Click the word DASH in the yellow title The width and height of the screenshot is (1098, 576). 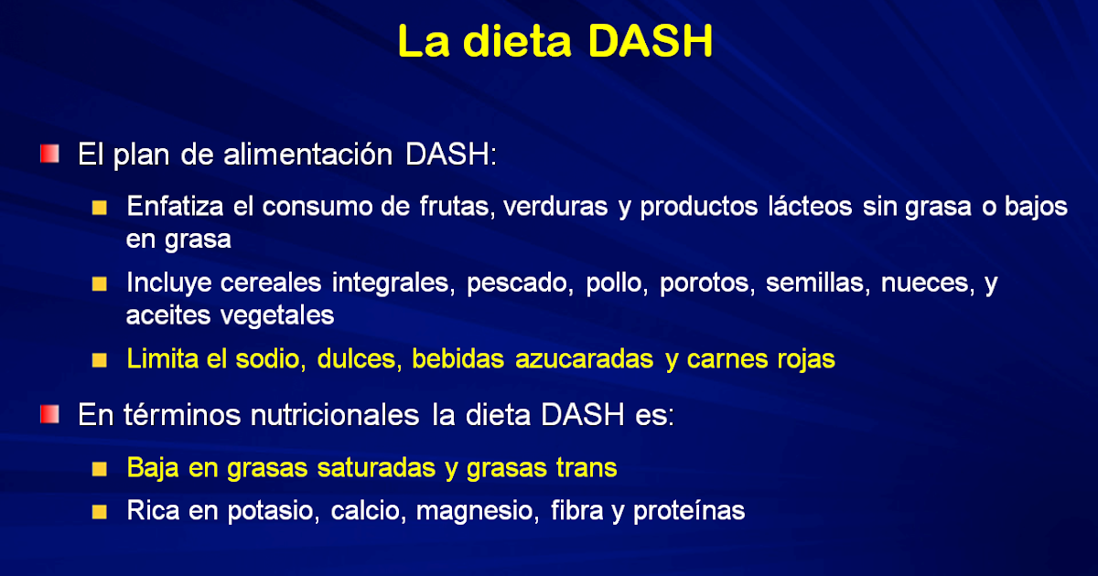click(650, 41)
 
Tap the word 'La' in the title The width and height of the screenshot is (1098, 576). click(424, 41)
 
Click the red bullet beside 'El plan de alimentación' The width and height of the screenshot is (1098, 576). click(49, 154)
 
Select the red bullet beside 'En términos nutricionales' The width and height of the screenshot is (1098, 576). click(49, 414)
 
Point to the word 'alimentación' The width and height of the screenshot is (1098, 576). click(307, 155)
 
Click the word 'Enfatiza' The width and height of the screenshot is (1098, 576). click(175, 207)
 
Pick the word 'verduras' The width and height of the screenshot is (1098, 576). click(555, 207)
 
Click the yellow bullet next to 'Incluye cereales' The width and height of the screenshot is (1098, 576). click(100, 284)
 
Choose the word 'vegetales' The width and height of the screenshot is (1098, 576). click(277, 315)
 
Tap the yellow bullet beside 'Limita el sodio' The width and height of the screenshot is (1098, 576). click(100, 360)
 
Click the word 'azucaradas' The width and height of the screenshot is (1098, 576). click(585, 359)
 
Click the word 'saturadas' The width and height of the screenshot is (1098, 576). click(376, 468)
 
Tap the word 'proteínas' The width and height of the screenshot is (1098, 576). click(689, 511)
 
